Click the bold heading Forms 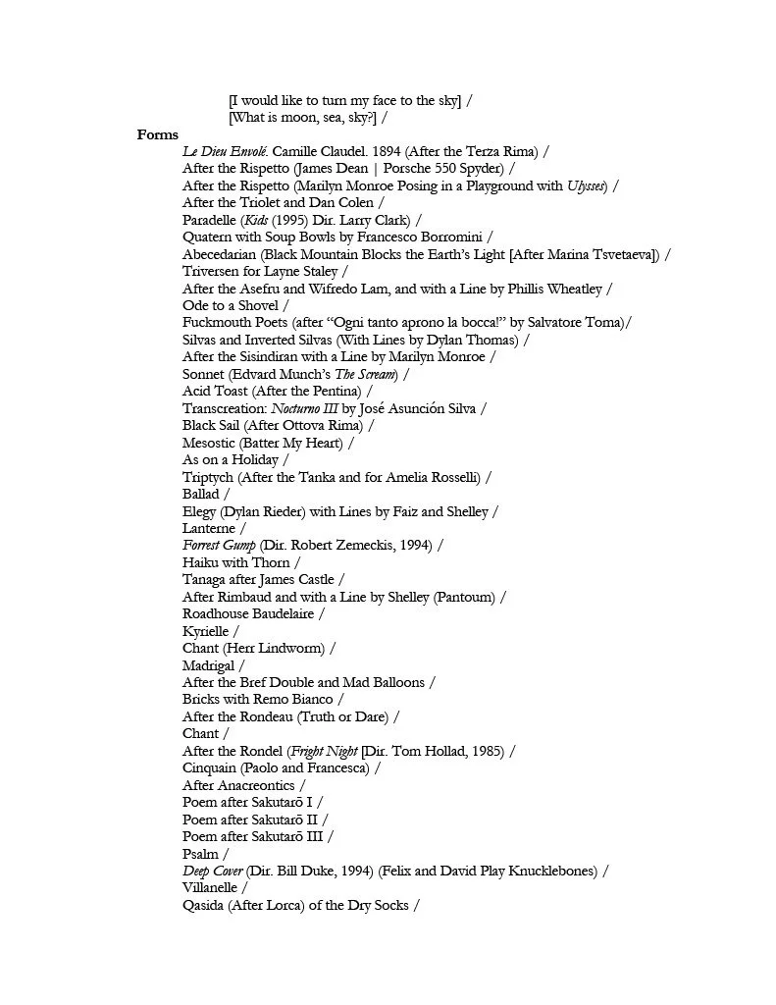(158, 134)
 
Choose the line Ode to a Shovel (231, 305)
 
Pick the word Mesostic (209, 443)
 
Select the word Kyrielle (205, 631)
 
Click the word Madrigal (209, 665)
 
